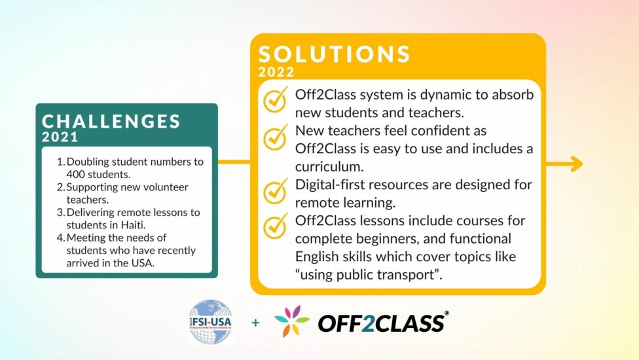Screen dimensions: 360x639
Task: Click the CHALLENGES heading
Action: point(111,121)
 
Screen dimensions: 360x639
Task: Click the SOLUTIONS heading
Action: point(334,54)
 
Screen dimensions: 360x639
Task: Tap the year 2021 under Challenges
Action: point(60,137)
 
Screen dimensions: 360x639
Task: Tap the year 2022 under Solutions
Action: point(276,72)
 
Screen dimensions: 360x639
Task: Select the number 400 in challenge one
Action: point(76,174)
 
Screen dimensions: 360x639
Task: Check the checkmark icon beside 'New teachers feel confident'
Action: point(275,137)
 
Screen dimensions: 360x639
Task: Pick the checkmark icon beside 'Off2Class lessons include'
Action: point(275,226)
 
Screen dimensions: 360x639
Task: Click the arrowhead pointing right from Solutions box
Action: point(575,164)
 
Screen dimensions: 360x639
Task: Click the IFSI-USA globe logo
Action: point(210,322)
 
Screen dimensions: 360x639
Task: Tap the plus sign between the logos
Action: point(255,323)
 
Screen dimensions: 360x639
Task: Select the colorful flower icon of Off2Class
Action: point(292,321)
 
